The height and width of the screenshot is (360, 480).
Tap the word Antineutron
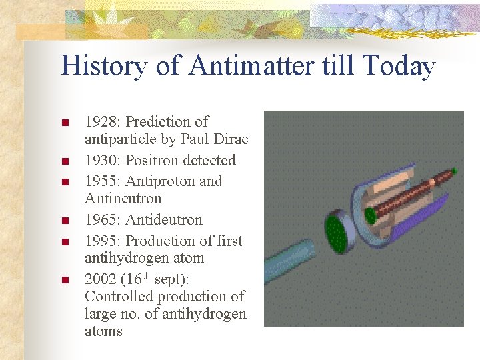(x=123, y=199)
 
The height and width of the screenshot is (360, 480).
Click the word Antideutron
(x=164, y=220)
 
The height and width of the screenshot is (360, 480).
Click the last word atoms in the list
(x=103, y=331)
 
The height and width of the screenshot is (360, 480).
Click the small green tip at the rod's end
(x=454, y=171)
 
